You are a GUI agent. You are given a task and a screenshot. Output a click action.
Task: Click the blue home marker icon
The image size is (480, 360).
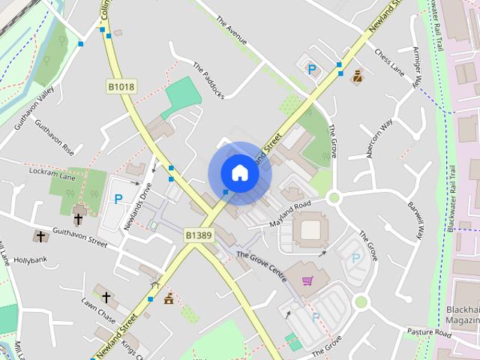click(x=239, y=173)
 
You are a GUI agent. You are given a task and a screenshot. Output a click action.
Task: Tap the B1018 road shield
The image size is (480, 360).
click(x=121, y=88)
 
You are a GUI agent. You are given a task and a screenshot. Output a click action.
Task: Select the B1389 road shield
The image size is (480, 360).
click(x=199, y=235)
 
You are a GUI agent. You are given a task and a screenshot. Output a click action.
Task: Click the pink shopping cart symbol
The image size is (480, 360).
click(x=307, y=281)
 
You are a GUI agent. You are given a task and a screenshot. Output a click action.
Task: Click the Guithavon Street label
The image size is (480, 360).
click(x=81, y=240)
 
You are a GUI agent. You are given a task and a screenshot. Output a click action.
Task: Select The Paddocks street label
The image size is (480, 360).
click(x=209, y=80)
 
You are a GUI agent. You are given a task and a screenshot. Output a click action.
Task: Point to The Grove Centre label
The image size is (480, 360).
click(x=262, y=266)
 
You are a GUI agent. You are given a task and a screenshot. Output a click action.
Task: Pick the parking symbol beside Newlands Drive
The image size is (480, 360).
click(x=117, y=199)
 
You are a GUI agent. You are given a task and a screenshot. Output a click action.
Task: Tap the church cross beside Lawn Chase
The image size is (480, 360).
click(x=106, y=298)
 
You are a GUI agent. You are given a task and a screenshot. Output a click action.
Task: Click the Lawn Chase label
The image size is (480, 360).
click(x=99, y=312)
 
